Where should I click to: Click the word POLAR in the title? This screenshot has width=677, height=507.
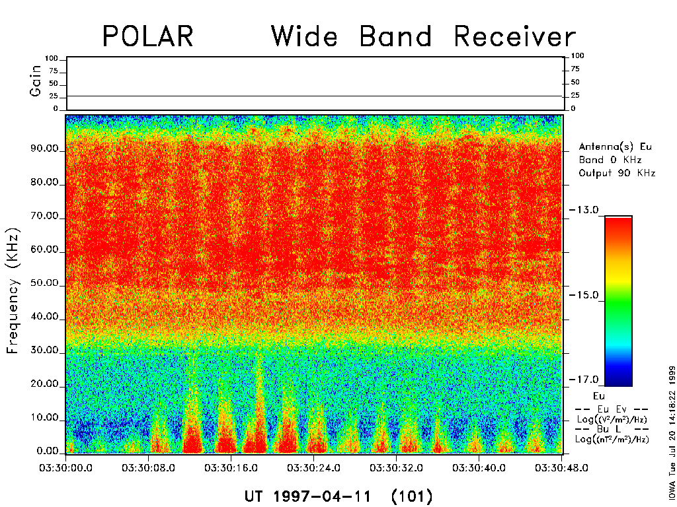(x=148, y=36)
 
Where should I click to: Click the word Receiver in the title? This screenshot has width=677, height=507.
(x=515, y=36)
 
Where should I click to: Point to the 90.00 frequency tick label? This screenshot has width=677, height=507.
(x=44, y=149)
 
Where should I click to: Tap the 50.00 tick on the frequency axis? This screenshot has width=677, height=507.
(x=44, y=283)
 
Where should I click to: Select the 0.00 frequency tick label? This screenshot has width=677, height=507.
(x=48, y=452)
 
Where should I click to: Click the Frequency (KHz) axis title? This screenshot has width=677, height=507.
(x=13, y=291)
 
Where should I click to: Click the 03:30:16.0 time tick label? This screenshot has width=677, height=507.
(x=231, y=468)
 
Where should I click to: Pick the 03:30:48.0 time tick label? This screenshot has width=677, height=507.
(x=561, y=468)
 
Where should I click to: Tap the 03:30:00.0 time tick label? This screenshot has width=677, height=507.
(x=65, y=468)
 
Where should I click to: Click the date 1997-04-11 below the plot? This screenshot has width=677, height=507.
(x=322, y=496)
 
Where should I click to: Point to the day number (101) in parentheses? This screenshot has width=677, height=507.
(x=411, y=496)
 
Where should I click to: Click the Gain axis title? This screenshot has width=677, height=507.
(x=35, y=81)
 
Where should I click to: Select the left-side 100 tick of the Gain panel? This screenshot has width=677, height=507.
(x=51, y=58)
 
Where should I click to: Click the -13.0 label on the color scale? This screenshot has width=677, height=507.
(x=584, y=210)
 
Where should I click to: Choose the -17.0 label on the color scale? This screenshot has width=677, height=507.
(x=584, y=380)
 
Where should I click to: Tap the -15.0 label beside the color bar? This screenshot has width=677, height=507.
(x=584, y=295)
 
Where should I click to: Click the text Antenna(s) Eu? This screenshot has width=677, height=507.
(x=616, y=147)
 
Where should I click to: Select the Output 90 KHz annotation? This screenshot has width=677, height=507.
(x=617, y=173)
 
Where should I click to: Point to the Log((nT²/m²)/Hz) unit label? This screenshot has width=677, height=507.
(x=612, y=439)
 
